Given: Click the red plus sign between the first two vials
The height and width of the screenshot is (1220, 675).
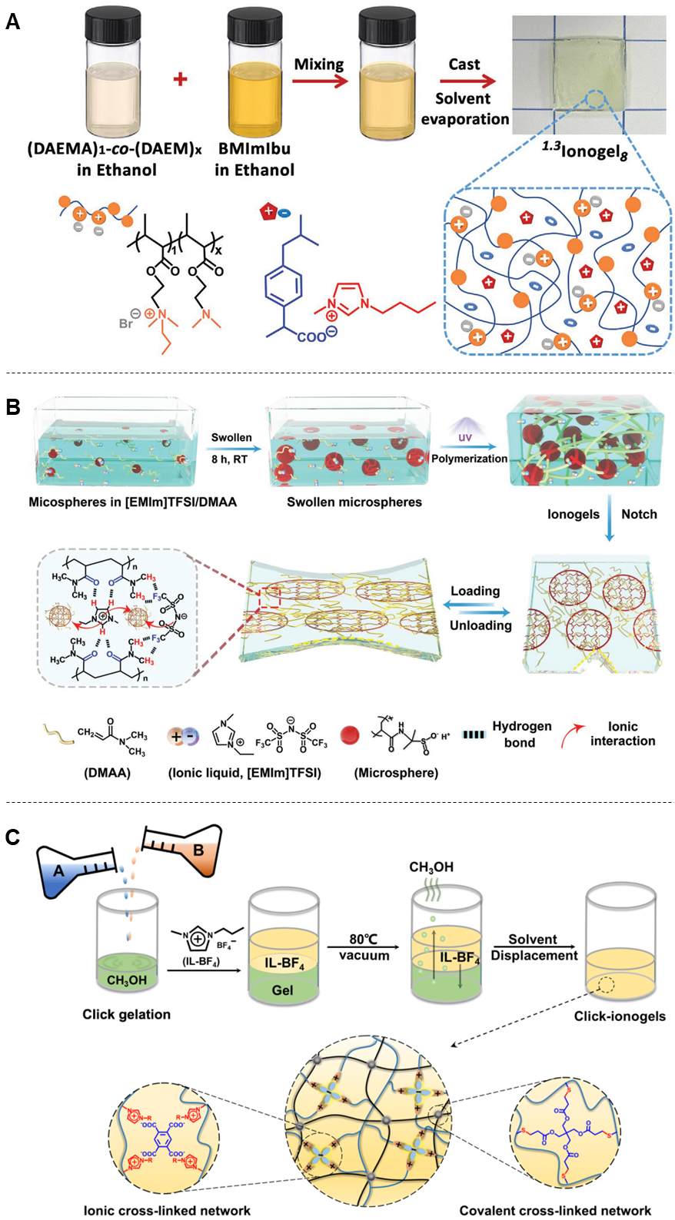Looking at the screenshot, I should (x=181, y=78).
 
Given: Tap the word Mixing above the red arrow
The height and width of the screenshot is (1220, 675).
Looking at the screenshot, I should (x=319, y=65).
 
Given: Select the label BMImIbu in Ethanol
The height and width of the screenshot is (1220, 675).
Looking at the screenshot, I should (x=254, y=159).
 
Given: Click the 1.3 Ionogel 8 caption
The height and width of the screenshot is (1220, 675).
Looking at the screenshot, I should (x=584, y=151).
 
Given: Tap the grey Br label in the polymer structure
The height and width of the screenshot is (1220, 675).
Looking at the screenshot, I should (x=126, y=323).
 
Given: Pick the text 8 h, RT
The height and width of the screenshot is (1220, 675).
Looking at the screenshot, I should (x=230, y=459).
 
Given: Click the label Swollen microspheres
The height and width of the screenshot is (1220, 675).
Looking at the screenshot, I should (x=354, y=502).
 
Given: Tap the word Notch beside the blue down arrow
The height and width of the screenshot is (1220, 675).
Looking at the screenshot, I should (x=639, y=515).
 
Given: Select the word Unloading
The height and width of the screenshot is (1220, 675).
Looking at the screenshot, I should (x=480, y=625).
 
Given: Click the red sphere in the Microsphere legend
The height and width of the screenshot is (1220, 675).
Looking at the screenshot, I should (x=350, y=735).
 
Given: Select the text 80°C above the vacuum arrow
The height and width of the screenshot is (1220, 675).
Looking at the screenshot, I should (x=363, y=939).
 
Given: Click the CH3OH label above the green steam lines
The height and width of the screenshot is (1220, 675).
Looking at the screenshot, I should (x=431, y=867).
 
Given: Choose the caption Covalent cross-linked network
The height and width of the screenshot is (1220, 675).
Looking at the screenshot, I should (x=555, y=1211).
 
